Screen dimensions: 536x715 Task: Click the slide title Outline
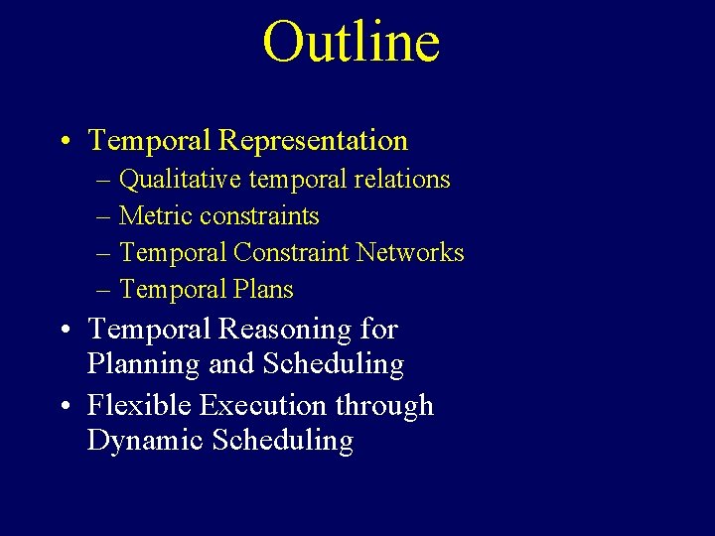[351, 42]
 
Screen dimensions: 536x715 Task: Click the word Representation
[313, 142]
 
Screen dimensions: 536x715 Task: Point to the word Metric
[156, 216]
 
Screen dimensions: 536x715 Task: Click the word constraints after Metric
[259, 216]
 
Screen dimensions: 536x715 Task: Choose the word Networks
[410, 253]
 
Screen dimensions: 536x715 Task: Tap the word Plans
[263, 290]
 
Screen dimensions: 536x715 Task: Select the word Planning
[144, 365]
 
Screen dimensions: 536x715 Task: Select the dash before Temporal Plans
[104, 291]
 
